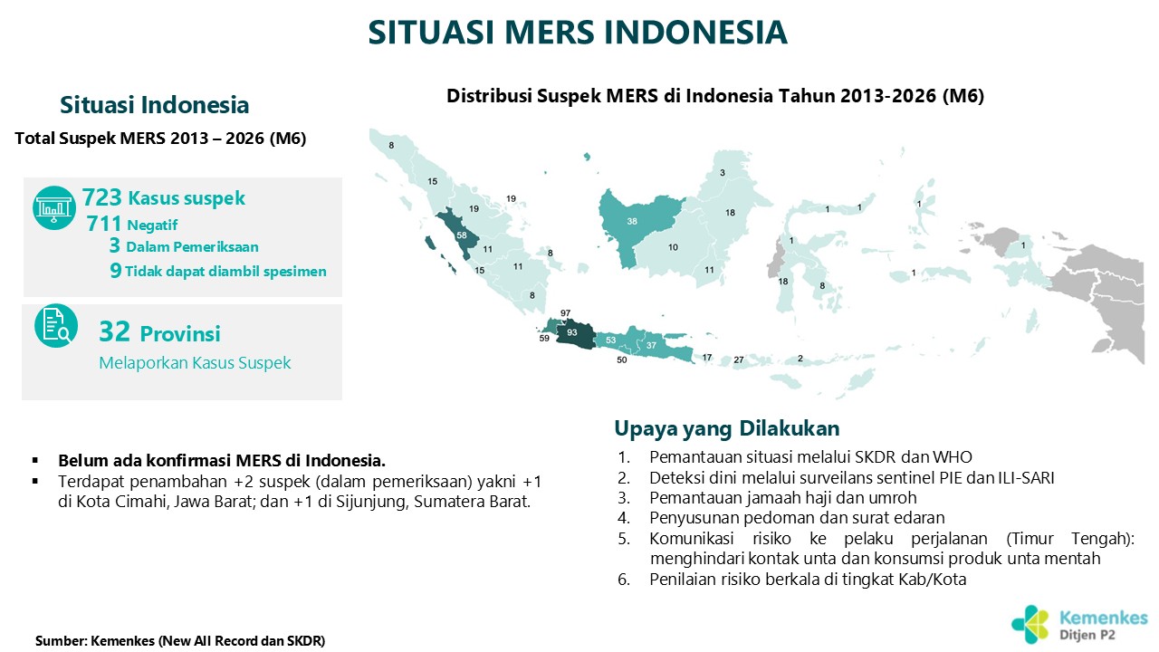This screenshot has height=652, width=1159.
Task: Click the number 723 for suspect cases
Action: pyautogui.click(x=102, y=197)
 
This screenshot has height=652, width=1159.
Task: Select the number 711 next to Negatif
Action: pyautogui.click(x=104, y=224)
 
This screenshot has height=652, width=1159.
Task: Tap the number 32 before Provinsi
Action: pyautogui.click(x=114, y=331)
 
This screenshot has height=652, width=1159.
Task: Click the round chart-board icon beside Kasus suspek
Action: pyautogui.click(x=54, y=208)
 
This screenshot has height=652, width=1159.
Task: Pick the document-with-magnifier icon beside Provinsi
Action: pyautogui.click(x=56, y=325)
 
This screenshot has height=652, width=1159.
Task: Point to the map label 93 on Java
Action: pyautogui.click(x=571, y=332)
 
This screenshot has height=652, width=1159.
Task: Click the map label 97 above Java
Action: pyautogui.click(x=566, y=313)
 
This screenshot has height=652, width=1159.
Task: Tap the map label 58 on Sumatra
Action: pyautogui.click(x=462, y=235)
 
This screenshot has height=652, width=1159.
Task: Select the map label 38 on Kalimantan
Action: pyautogui.click(x=632, y=222)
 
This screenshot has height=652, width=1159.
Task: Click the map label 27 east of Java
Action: pyautogui.click(x=739, y=360)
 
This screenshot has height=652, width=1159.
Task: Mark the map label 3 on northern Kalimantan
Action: pyautogui.click(x=723, y=173)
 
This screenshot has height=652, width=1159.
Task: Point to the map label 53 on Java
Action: pyautogui.click(x=611, y=340)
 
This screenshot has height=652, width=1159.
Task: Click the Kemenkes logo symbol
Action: pyautogui.click(x=1030, y=625)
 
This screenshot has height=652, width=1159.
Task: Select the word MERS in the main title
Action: pyautogui.click(x=550, y=32)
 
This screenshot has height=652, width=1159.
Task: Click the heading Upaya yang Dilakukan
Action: pyautogui.click(x=727, y=428)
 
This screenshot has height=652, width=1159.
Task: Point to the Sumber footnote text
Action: pyautogui.click(x=180, y=640)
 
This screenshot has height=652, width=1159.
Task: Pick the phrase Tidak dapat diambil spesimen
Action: pyautogui.click(x=225, y=272)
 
